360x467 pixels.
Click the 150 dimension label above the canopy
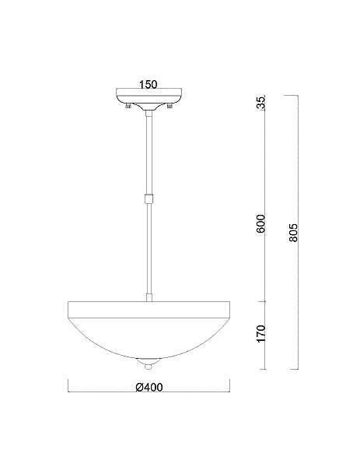pos(149,84)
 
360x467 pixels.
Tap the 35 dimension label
pos(260,104)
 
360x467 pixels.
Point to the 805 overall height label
pos(293,232)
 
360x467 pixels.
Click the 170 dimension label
pos(260,334)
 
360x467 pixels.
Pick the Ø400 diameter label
pos(149,387)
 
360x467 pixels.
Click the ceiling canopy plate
pos(149,97)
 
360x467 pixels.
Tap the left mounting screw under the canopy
pos(128,106)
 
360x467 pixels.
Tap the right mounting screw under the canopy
pos(170,106)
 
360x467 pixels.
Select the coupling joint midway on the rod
pos(149,198)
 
